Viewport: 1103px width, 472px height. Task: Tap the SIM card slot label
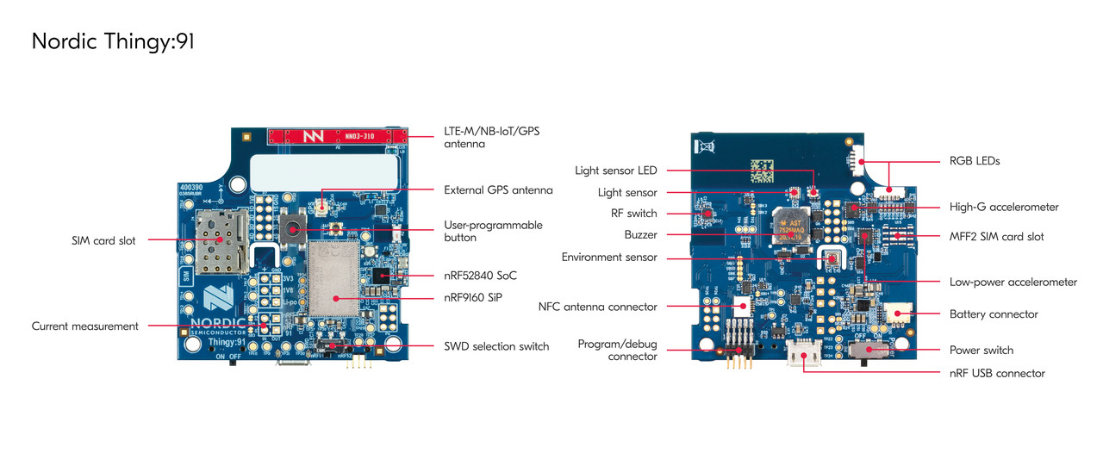tap(103, 241)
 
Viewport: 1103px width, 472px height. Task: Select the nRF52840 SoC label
tap(480, 276)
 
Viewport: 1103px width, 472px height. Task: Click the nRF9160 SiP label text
tap(472, 297)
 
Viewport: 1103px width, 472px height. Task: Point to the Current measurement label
tap(85, 326)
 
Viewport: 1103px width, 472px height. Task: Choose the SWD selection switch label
tap(496, 346)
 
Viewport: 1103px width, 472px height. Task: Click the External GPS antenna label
tap(498, 190)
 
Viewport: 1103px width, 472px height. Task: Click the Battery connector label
tap(994, 314)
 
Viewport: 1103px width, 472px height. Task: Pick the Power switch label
tap(981, 351)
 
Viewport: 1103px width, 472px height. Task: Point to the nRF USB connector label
tap(997, 373)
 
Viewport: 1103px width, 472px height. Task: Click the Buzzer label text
tap(640, 234)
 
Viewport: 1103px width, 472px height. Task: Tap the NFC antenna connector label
tap(597, 307)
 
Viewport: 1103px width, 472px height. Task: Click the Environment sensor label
tap(609, 257)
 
